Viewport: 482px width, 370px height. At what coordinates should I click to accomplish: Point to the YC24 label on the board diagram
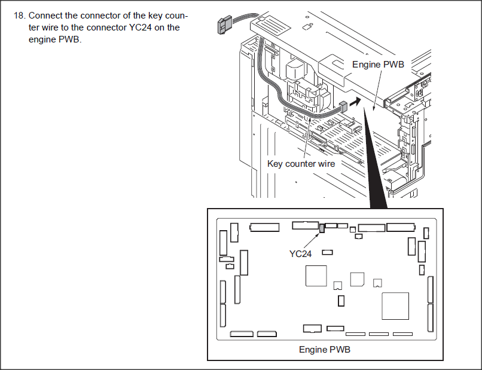pos(300,253)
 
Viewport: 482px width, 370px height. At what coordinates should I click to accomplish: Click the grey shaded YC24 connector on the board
pos(322,228)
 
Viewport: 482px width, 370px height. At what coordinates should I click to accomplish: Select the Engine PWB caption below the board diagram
pos(324,349)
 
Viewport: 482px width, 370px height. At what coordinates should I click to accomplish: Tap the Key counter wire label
pos(301,163)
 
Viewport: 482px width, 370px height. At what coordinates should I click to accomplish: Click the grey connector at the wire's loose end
pos(221,26)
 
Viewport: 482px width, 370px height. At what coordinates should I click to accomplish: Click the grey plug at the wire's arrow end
pos(342,108)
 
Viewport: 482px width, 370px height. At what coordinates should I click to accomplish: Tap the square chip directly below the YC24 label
pos(316,276)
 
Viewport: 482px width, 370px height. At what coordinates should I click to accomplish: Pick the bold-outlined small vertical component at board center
pos(341,301)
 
